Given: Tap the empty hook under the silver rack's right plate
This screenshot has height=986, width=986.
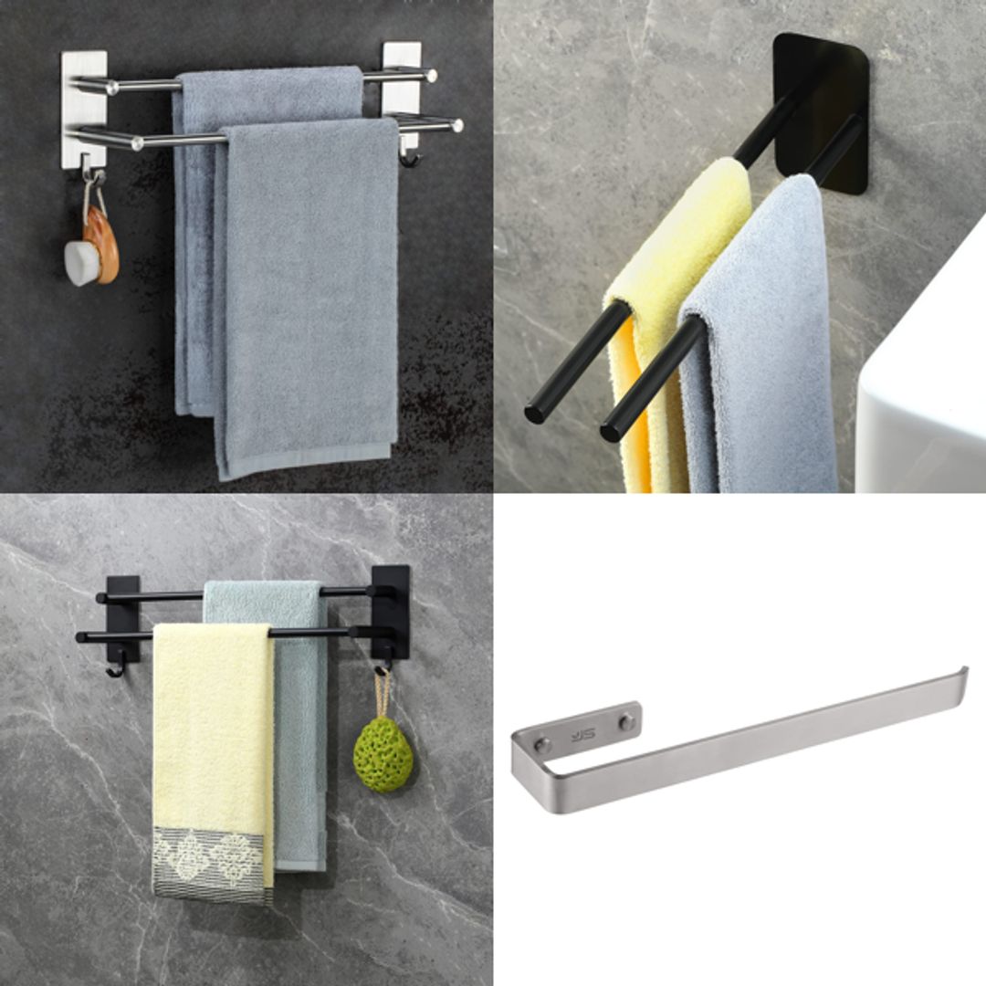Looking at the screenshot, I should pyautogui.click(x=410, y=161).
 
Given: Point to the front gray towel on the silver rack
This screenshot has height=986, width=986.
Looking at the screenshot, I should pyautogui.click(x=309, y=292).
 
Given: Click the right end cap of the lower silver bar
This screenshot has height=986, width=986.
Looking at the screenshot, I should pyautogui.click(x=456, y=125).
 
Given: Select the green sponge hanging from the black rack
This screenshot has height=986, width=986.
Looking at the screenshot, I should pyautogui.click(x=383, y=754).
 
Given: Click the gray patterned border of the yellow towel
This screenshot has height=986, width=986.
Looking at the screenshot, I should pyautogui.click(x=212, y=863).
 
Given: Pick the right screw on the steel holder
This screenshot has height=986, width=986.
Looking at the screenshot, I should pyautogui.click(x=626, y=721).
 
